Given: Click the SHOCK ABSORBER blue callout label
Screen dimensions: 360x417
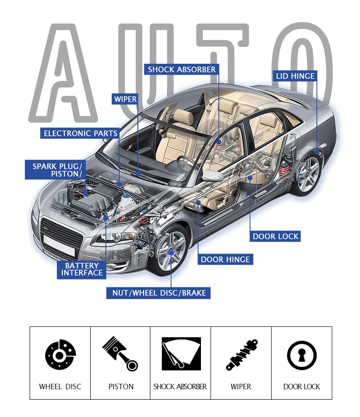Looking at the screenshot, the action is pos(182,69).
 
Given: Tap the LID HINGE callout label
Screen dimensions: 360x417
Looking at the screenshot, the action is pos(295,76).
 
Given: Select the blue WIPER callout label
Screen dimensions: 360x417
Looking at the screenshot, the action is pos(125,99).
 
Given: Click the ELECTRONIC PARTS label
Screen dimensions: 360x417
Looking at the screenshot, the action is pos(80,133).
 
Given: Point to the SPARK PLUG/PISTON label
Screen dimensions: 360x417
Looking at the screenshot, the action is pos(56,170).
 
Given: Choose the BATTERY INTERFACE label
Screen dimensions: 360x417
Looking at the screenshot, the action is pos(82,270).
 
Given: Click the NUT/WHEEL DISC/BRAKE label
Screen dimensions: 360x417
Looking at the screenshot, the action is pos(159,293).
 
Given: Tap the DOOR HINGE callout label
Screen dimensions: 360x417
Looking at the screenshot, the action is pos(225,259).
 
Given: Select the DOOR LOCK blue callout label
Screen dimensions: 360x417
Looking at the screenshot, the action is pos(275,236).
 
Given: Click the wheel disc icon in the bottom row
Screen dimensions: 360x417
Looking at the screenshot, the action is pos(61,355).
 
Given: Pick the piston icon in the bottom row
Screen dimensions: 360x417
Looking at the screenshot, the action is pos(120,353).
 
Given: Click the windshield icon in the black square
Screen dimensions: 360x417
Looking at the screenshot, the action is pos(181,354).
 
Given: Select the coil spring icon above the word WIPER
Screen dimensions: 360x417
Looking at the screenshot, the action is pos(242,355).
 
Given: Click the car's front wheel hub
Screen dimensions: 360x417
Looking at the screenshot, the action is pos(171,252).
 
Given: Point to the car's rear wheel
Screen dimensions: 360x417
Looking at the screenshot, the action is pos(307,173).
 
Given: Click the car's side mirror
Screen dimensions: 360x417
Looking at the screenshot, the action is pos(212,175).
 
